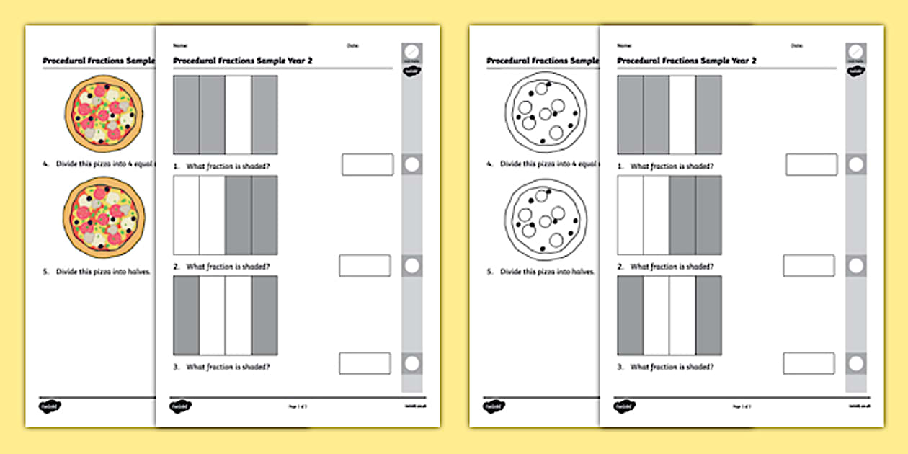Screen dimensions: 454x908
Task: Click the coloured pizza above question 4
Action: point(104,115)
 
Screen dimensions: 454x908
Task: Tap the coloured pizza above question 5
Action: point(104,220)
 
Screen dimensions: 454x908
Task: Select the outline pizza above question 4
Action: point(547,115)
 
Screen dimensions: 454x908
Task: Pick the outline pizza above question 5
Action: point(547,220)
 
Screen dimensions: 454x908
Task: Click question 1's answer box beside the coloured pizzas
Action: point(367,164)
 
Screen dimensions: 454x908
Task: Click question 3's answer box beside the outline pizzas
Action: point(809,363)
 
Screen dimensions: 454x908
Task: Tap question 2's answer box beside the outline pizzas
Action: point(809,265)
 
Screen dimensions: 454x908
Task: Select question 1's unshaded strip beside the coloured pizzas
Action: point(238,115)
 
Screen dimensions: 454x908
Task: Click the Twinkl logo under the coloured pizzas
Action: point(47,406)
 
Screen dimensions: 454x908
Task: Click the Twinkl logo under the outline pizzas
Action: point(491,406)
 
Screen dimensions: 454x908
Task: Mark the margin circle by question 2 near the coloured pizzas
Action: point(411,265)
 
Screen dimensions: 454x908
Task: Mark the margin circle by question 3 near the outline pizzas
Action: point(855,363)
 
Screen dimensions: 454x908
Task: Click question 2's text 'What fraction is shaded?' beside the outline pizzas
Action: point(672,267)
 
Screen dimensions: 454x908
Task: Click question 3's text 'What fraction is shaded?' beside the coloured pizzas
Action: point(228,367)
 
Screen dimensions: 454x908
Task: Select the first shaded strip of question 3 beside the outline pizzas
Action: point(631,315)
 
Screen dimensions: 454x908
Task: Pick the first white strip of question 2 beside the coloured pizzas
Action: point(187,215)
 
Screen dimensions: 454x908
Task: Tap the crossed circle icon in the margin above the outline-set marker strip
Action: point(855,53)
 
